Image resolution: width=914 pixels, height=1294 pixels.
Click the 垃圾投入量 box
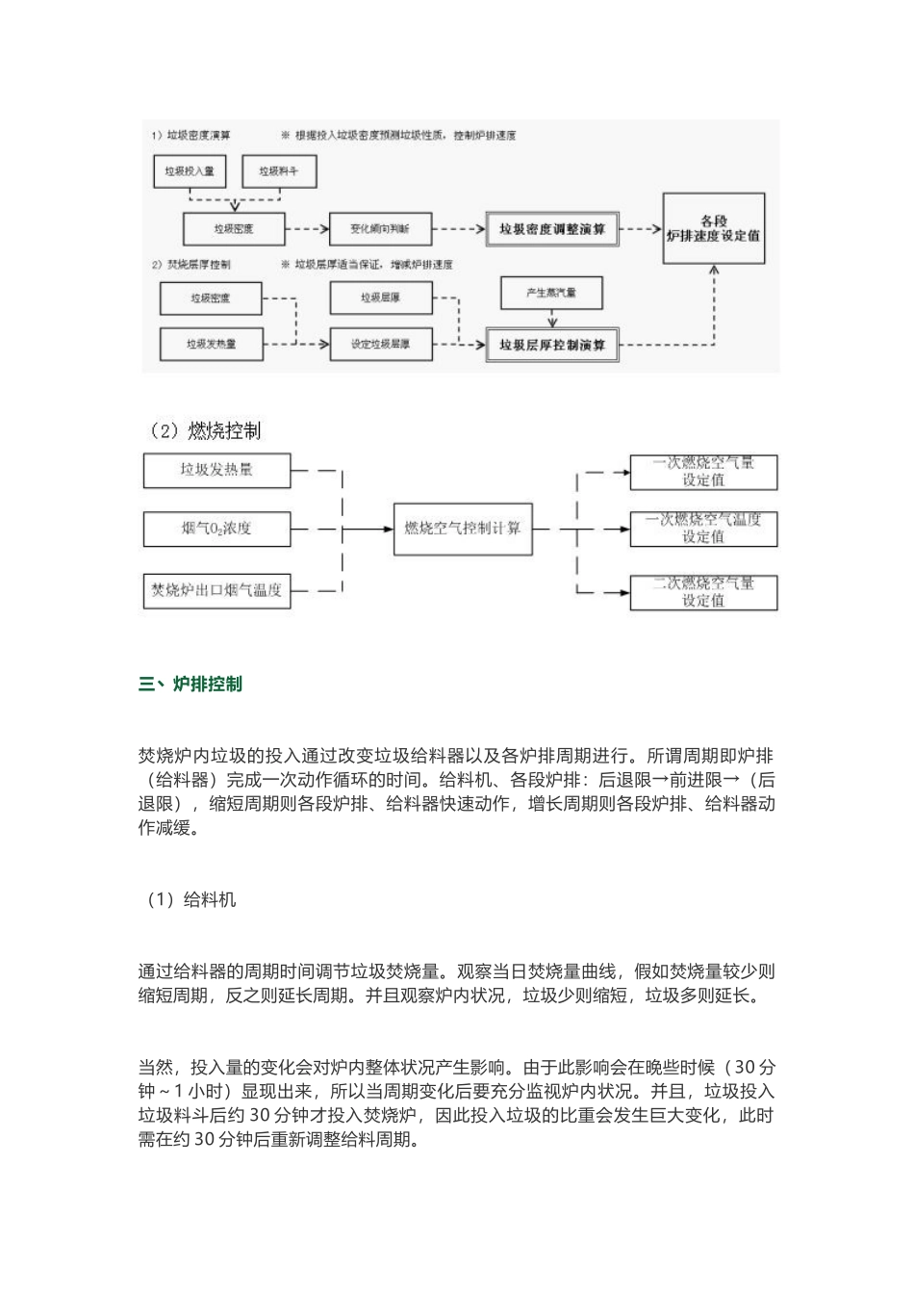189,171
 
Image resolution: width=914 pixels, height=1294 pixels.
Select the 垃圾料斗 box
278,171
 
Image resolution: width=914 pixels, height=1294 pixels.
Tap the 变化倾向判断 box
379,229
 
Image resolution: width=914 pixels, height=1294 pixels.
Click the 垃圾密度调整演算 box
552,229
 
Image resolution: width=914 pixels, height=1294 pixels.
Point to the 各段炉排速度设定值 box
713,229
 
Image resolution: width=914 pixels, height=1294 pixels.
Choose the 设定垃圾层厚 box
379,344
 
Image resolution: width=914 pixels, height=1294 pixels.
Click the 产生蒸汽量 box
551,293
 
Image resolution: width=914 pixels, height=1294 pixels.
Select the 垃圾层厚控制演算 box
552,344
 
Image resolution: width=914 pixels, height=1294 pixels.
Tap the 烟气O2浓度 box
216,529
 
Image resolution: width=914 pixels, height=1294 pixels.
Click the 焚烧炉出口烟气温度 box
216,590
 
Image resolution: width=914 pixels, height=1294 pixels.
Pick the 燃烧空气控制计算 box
463,529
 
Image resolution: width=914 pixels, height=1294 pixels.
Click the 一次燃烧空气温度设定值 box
703,529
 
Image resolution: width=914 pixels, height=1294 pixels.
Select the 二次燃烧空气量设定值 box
703,591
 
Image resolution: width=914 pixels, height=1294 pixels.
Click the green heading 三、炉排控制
190,685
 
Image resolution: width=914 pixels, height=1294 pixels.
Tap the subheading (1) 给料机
190,900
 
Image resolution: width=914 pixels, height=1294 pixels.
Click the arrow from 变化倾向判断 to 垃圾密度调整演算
458,229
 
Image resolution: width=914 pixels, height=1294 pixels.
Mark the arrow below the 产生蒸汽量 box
551,318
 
